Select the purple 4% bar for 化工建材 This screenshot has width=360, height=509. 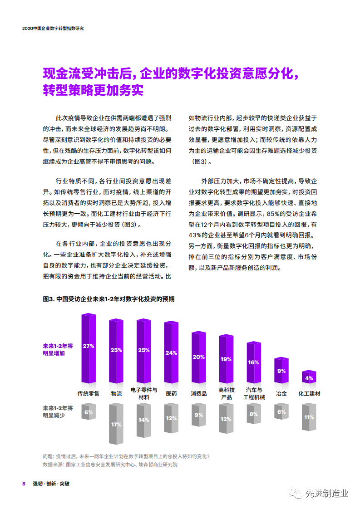[309, 377]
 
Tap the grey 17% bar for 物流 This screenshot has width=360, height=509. [116, 424]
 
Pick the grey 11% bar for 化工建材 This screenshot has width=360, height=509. [309, 416]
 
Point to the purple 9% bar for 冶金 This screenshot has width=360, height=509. [281, 371]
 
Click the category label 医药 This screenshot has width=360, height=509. [171, 393]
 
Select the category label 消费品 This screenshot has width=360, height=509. [198, 393]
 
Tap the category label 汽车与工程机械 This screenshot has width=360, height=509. [254, 393]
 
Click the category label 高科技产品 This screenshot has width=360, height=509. [226, 393]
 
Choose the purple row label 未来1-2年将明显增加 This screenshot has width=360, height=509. [54, 349]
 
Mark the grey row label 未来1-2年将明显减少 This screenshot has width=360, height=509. [54, 411]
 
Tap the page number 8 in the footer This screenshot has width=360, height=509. [24, 483]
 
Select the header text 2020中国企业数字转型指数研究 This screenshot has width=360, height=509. [53, 28]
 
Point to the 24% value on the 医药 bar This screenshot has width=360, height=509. [171, 353]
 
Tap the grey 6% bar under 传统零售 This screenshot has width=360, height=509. [89, 412]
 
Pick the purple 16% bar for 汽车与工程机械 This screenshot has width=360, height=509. [254, 362]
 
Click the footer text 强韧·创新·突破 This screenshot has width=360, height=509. [51, 483]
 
